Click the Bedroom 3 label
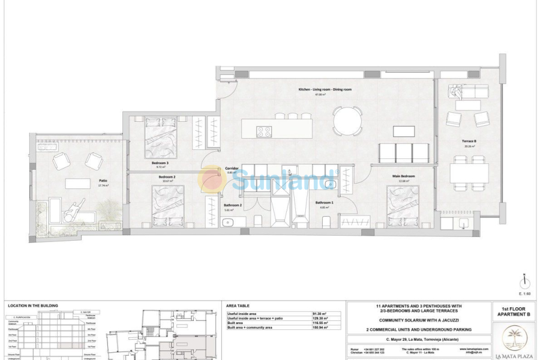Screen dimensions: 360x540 point(159,163)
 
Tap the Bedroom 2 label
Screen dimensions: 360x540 point(167,177)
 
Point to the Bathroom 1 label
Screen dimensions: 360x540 point(324,203)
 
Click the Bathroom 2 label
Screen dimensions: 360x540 point(233,205)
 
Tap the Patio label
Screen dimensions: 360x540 point(103,180)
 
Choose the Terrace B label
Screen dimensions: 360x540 point(469,141)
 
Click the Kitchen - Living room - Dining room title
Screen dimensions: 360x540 point(325,89)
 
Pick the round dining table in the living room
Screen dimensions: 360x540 point(347,121)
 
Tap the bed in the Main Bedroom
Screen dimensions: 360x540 point(402,206)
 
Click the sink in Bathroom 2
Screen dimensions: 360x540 point(227,223)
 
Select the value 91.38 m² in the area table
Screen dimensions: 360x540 point(319,313)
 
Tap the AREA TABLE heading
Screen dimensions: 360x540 point(238,306)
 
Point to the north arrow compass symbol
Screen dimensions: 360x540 point(524,281)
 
